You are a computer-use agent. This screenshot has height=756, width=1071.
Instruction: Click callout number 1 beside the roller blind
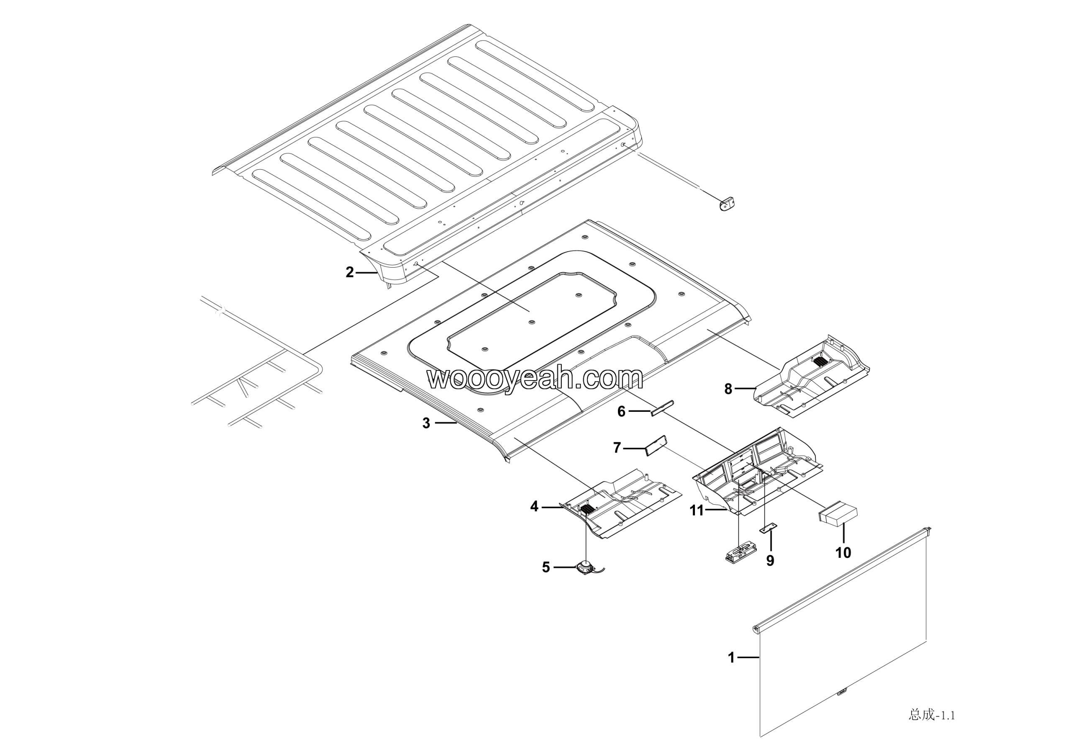[x=731, y=658]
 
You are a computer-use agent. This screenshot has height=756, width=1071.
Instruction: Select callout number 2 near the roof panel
[x=349, y=272]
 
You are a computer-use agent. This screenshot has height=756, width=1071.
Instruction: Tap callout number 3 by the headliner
[x=426, y=423]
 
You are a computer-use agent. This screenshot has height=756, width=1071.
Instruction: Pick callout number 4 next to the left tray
[x=534, y=507]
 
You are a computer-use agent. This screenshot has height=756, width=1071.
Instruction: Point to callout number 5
[x=546, y=567]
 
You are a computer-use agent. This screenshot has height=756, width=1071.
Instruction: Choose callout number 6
[x=621, y=411]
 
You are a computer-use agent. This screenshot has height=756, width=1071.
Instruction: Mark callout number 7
[x=617, y=448]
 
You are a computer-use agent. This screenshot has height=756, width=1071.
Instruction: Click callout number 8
[x=728, y=389]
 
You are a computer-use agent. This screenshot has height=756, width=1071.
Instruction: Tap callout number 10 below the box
[x=843, y=553]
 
